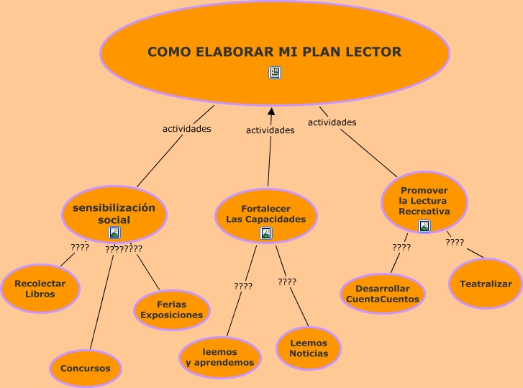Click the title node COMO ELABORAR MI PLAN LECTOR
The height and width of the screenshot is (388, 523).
(x=274, y=52)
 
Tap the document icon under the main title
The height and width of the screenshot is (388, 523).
(x=275, y=73)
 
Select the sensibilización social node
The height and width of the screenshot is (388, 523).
(x=114, y=214)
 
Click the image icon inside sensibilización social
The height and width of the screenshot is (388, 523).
(x=114, y=233)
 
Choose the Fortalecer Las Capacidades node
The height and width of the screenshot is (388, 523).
(x=266, y=214)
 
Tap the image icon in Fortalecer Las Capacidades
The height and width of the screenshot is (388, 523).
(x=266, y=233)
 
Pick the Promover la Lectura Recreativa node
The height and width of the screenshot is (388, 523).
(x=424, y=201)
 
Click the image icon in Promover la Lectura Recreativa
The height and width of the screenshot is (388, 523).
(x=424, y=226)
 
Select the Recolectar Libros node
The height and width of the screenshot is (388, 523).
(x=40, y=289)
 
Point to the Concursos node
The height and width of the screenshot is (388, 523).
(x=86, y=368)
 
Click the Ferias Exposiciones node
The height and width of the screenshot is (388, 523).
(x=172, y=310)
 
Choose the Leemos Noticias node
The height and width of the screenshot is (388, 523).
(x=309, y=348)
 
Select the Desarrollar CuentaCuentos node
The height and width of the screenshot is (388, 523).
(x=383, y=294)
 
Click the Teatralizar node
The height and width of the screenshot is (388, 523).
(x=486, y=284)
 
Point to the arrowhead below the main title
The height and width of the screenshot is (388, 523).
(x=271, y=112)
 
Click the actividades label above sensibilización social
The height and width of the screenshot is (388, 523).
(x=186, y=130)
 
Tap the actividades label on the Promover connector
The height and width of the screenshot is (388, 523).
(x=332, y=122)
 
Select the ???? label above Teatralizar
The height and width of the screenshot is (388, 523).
(x=455, y=243)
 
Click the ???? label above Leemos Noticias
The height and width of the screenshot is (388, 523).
(x=287, y=282)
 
